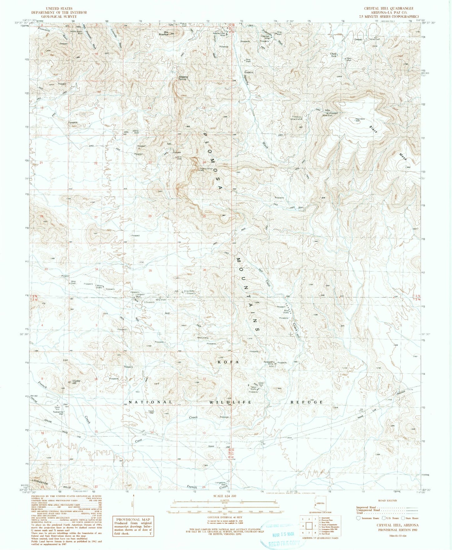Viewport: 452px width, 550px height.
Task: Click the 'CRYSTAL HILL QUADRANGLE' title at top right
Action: point(389,8)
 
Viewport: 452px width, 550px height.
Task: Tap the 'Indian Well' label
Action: point(151,412)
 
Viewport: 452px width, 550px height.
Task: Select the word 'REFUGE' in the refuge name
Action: point(307,402)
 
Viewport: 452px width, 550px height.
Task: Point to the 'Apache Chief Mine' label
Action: point(219,34)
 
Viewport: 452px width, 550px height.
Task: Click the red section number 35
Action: point(150,271)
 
